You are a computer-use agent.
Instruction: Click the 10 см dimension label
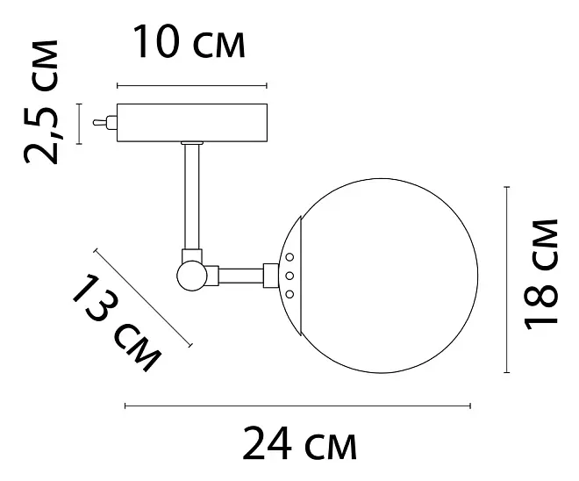point(189,41)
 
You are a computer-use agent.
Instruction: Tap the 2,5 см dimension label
point(41,102)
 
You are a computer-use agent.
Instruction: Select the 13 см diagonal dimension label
point(117,322)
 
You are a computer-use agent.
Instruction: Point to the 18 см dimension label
point(540,274)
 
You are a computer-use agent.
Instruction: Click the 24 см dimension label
point(299,443)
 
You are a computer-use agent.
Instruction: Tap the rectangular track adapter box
point(192,123)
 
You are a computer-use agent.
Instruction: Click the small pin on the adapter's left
point(105,122)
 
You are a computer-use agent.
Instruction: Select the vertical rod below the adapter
point(191,196)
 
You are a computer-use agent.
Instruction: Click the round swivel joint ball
point(192,276)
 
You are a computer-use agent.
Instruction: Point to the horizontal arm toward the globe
point(241,276)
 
